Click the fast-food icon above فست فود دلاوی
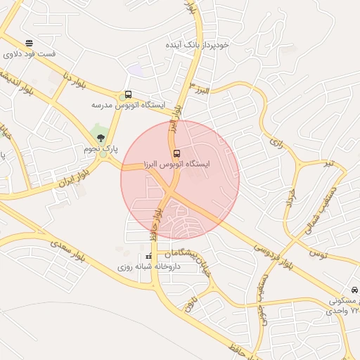28,42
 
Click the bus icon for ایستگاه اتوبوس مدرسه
127,94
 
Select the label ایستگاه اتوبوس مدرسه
127,105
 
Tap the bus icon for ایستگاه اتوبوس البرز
176,153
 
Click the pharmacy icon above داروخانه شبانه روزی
148,256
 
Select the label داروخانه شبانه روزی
148,267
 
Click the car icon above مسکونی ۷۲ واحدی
354,290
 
